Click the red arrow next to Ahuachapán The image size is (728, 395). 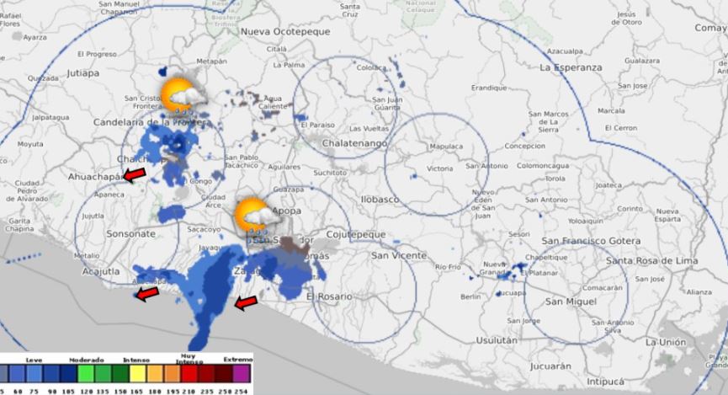[134, 173]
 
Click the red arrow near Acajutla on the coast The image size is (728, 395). [147, 293]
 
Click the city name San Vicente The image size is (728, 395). [398, 255]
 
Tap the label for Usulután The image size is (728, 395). [497, 340]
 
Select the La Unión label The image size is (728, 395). [665, 342]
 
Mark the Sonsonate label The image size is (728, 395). [131, 232]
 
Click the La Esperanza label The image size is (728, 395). [571, 67]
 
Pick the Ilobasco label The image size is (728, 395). [379, 200]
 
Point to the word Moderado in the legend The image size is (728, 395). [87, 359]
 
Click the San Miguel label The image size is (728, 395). [570, 302]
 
